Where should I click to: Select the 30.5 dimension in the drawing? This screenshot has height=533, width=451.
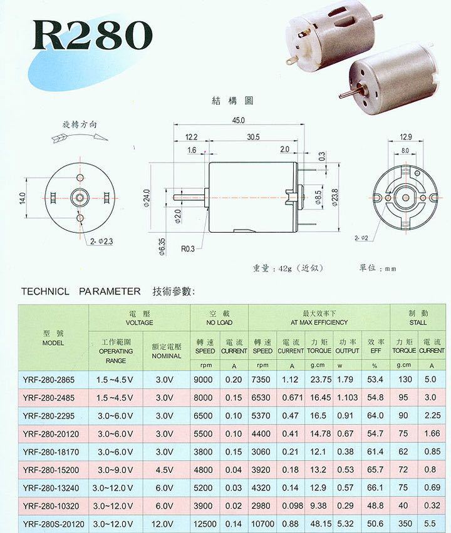(x=254, y=136)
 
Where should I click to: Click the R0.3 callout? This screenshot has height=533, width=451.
(x=188, y=248)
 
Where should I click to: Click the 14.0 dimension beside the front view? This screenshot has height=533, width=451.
(x=22, y=198)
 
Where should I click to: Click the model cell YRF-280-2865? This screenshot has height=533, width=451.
(x=49, y=379)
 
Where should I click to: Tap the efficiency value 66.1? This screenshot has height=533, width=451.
(x=376, y=487)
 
